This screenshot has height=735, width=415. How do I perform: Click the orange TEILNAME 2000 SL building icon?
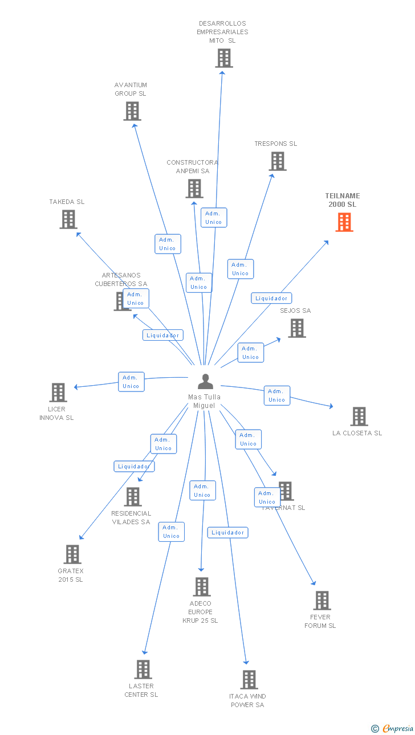(x=344, y=222)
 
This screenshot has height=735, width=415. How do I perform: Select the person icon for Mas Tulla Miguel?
(x=205, y=382)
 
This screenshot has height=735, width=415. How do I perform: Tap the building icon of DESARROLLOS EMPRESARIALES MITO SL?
(x=224, y=58)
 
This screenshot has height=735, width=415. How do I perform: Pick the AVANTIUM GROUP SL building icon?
(x=132, y=111)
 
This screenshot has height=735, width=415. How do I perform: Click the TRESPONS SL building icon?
(x=278, y=161)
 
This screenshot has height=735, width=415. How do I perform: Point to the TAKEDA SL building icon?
(x=68, y=219)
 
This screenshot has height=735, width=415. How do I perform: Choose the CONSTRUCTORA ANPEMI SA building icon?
(x=194, y=189)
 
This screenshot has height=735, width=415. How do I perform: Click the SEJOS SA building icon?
(x=296, y=328)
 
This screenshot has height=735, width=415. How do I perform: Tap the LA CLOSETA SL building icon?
(x=359, y=416)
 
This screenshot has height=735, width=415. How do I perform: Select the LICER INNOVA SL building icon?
(x=58, y=393)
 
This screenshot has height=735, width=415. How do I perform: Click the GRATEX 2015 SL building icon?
(x=72, y=554)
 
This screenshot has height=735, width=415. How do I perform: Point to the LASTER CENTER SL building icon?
(x=143, y=669)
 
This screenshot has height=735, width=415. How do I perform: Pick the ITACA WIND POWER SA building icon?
(x=249, y=680)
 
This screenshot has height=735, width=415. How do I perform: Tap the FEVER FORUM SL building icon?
(x=322, y=601)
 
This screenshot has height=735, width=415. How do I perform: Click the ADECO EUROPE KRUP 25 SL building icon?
(x=202, y=587)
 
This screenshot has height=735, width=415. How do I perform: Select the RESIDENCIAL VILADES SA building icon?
(x=133, y=497)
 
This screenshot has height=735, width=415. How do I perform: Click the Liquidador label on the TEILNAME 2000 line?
(x=271, y=298)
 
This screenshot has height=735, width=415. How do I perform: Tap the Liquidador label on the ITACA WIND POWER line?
(x=227, y=533)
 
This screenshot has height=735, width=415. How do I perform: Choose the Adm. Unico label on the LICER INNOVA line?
(x=131, y=382)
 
